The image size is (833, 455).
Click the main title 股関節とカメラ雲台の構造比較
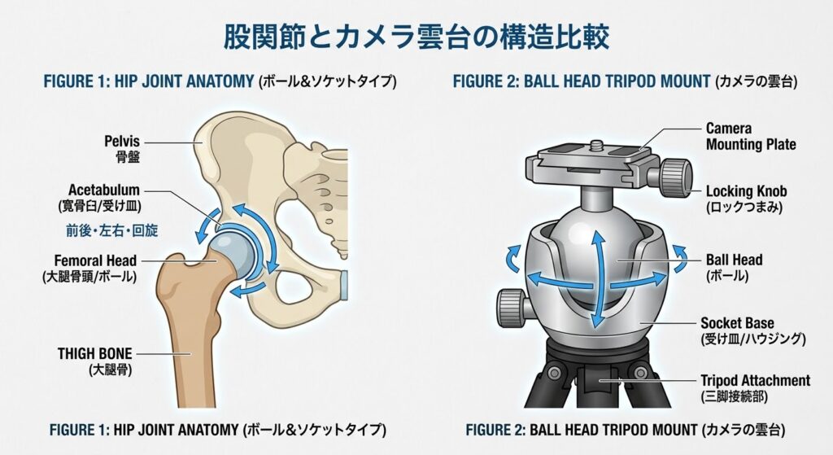[416, 37]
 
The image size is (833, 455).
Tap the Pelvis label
[122, 149]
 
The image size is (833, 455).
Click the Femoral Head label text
[89, 269]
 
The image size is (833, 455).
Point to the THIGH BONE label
[95, 361]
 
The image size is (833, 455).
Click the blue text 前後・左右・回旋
[112, 230]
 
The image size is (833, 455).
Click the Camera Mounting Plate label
[751, 137]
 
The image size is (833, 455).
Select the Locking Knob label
[746, 199]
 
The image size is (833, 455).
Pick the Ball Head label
[734, 267]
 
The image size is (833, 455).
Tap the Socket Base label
[752, 330]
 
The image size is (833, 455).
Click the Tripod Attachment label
[755, 388]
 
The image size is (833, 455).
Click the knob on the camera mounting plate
[676, 177]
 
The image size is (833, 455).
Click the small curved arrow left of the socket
[512, 259]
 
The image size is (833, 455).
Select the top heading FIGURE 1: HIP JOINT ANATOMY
[148, 81]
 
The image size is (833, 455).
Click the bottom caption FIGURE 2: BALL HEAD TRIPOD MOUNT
[581, 430]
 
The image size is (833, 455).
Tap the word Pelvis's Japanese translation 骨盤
[128, 157]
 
